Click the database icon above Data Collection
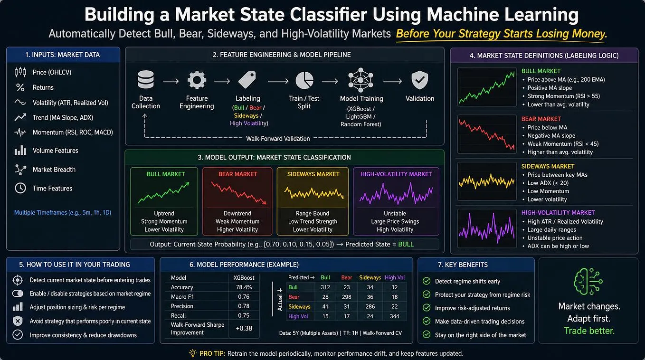tap(146, 79)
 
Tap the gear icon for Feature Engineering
tap(197, 80)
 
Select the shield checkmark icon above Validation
tap(420, 80)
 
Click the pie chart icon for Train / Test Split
tap(304, 80)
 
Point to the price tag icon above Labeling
tap(247, 80)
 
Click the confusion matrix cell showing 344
tap(395, 316)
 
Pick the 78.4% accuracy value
tap(244, 287)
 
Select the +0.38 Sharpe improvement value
tap(244, 328)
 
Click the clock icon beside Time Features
tap(20, 188)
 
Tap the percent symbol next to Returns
tap(20, 87)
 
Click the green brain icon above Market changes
tap(588, 281)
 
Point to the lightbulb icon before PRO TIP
tap(192, 353)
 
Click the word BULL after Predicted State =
tap(406, 244)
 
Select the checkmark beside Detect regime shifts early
tap(427, 281)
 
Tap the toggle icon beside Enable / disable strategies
tap(18, 294)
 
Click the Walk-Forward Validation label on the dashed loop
tap(278, 139)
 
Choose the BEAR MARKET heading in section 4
tap(541, 119)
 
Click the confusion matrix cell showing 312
tap(325, 287)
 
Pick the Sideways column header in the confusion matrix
tap(370, 278)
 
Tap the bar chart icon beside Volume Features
tap(20, 151)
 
